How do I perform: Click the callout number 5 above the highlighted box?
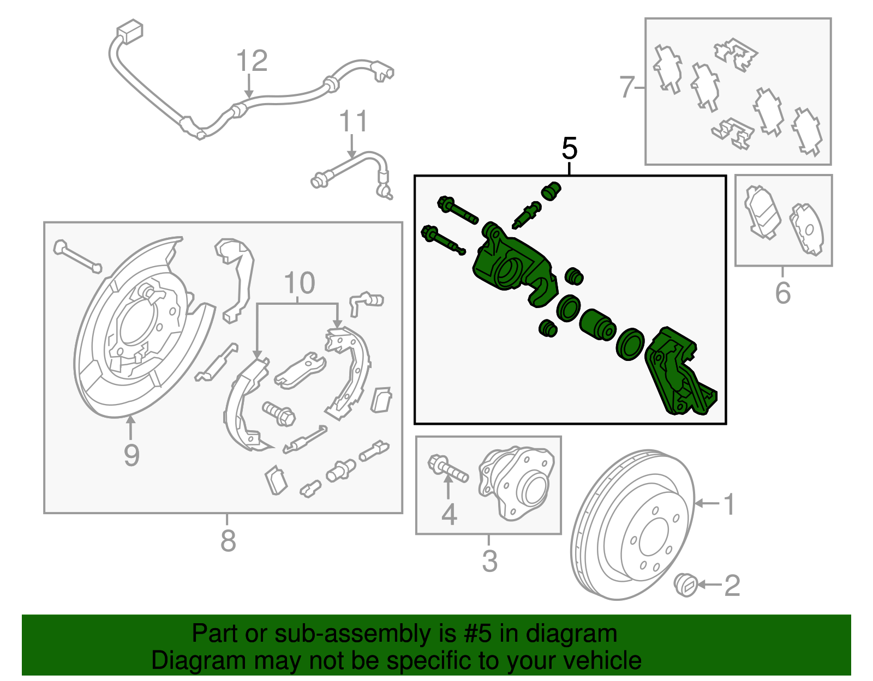click(x=569, y=149)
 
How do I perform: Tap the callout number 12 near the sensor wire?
click(x=252, y=61)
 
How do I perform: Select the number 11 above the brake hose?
click(x=354, y=122)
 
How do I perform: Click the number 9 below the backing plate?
click(x=131, y=455)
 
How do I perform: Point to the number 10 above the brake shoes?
click(x=300, y=284)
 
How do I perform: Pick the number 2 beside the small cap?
click(x=732, y=585)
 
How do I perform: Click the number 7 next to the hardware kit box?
click(x=627, y=87)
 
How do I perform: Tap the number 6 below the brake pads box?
click(x=782, y=293)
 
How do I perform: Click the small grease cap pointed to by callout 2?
click(x=685, y=585)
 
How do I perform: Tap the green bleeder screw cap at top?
click(x=551, y=190)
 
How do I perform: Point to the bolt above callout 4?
click(x=449, y=468)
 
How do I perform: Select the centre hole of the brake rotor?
click(x=653, y=537)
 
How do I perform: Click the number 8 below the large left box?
click(x=228, y=541)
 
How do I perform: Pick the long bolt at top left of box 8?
click(x=77, y=257)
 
